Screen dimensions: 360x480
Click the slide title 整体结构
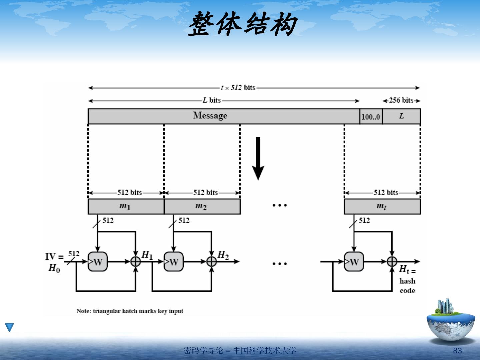point(242,24)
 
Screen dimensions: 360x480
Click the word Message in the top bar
point(210,116)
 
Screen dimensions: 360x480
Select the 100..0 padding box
point(371,117)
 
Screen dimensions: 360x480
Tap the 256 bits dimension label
point(401,100)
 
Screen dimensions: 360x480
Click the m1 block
point(125,207)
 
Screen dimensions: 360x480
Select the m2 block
point(201,207)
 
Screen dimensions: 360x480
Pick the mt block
point(382,207)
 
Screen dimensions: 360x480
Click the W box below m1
point(97,262)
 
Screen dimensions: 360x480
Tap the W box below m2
point(173,262)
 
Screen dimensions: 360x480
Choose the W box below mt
point(354,262)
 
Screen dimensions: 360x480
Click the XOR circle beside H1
point(135,262)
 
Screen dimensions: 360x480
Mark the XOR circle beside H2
point(211,262)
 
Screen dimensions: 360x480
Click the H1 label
point(147,255)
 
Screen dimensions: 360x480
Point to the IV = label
point(54,257)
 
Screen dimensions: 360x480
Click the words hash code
point(407,286)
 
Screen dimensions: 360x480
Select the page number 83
point(457,351)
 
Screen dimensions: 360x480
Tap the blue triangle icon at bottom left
point(10,327)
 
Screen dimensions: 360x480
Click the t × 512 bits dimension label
point(238,88)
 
